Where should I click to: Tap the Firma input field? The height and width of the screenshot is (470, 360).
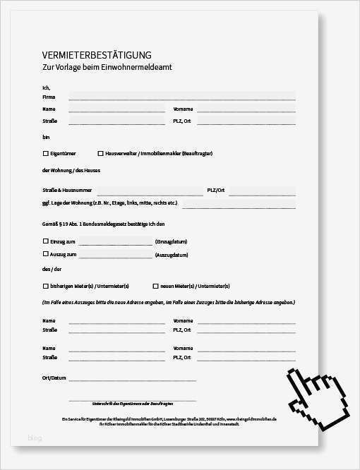pyautogui.click(x=181, y=97)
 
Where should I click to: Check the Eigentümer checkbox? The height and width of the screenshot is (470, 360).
pyautogui.click(x=46, y=153)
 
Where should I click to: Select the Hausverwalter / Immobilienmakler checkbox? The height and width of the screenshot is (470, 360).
pyautogui.click(x=100, y=153)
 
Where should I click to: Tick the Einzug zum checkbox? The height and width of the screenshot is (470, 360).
pyautogui.click(x=46, y=241)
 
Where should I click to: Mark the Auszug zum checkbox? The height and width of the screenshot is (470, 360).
pyautogui.click(x=46, y=254)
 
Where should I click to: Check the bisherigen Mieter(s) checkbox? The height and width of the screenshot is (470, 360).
pyautogui.click(x=46, y=286)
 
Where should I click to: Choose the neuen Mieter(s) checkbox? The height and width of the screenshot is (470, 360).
pyautogui.click(x=155, y=286)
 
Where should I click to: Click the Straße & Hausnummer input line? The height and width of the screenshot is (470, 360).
pyautogui.click(x=150, y=191)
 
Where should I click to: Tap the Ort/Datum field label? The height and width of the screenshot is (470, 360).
pyautogui.click(x=54, y=378)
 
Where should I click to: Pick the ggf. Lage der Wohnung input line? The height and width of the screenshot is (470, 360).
pyautogui.click(x=239, y=204)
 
